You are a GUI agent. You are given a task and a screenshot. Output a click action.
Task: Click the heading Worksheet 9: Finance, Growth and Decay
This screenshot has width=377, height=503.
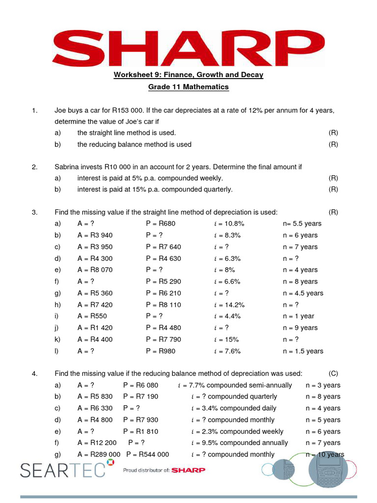[x=188, y=75]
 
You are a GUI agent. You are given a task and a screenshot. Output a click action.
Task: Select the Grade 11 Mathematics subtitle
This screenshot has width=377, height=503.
[x=188, y=87]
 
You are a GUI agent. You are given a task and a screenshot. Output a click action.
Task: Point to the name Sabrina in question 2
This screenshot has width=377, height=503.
[x=68, y=167]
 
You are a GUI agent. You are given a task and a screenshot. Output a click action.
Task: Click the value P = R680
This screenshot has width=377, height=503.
[x=161, y=224]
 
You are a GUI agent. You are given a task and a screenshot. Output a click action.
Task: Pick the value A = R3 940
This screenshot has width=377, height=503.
[x=95, y=235]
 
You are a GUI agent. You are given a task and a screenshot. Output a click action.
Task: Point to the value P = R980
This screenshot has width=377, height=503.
[x=161, y=351]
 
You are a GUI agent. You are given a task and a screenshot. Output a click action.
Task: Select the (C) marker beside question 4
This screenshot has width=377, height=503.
[x=333, y=374]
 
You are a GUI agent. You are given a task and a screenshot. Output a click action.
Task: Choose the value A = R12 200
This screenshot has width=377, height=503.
[x=97, y=443]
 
